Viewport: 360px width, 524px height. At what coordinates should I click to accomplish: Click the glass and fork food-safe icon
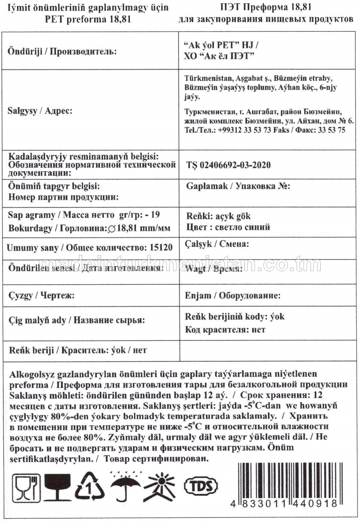click(26, 486)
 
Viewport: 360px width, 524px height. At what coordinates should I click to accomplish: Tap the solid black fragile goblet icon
click(58, 486)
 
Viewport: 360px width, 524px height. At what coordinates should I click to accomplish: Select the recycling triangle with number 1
click(89, 486)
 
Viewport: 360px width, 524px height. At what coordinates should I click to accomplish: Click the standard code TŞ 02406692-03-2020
click(228, 165)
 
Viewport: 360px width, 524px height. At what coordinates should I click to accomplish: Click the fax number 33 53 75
click(331, 130)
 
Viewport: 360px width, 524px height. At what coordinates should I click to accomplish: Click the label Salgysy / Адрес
click(40, 111)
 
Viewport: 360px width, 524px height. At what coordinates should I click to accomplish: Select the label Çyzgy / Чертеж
click(41, 295)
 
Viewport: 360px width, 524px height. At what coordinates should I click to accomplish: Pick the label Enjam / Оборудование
click(233, 295)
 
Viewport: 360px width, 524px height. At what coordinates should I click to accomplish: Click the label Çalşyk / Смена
click(217, 244)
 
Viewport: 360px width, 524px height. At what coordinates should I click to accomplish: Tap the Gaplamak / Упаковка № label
click(238, 186)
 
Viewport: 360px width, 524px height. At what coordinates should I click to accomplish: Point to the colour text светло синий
click(242, 227)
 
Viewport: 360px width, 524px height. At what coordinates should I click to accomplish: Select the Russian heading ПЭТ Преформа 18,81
click(266, 7)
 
